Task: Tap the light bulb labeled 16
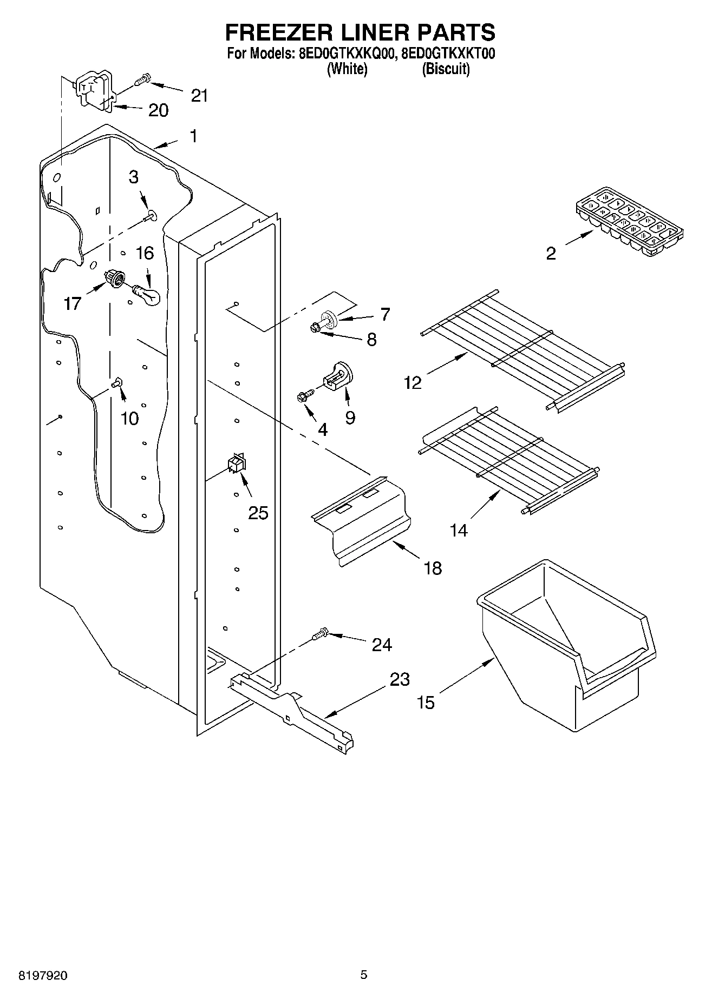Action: [x=147, y=295]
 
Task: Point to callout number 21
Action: [x=199, y=96]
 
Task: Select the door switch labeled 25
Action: [x=237, y=463]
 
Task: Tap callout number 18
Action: [x=433, y=568]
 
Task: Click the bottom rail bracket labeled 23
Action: [x=292, y=708]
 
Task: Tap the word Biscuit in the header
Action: [x=445, y=69]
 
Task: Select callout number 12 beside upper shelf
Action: [x=412, y=383]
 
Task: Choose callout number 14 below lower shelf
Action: [x=459, y=530]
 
